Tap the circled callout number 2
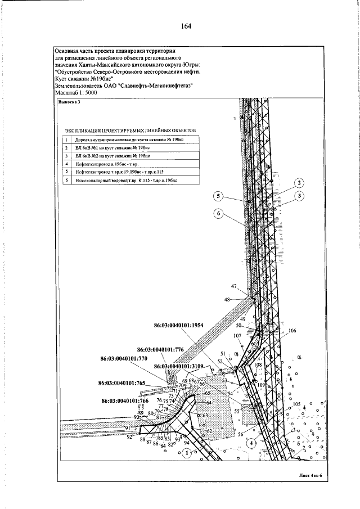299,183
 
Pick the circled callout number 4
252,442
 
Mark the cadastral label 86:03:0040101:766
124,400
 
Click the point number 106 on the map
291,331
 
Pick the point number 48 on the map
228,300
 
